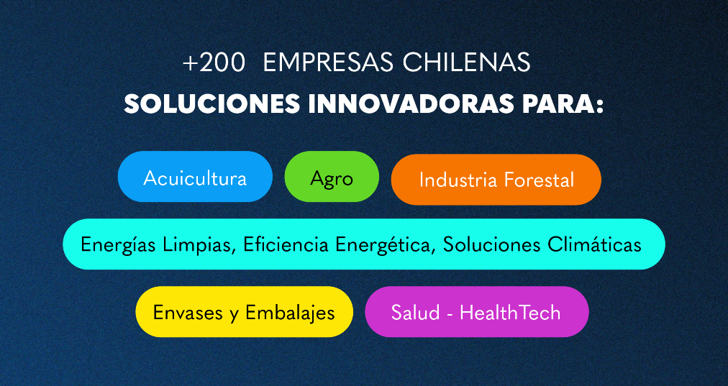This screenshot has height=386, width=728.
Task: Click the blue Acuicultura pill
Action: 195,178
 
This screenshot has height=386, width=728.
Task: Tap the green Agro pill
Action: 332,178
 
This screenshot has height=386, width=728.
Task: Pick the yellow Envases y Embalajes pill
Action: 244,313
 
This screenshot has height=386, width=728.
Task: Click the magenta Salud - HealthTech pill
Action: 476,313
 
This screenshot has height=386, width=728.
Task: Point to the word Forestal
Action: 539,180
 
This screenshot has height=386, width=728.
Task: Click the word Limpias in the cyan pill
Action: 204,245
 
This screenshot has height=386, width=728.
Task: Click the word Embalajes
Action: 290,313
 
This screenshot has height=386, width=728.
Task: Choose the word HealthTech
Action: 510,313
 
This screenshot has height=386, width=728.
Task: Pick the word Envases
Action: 188,313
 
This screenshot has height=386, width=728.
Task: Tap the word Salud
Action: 412,313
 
